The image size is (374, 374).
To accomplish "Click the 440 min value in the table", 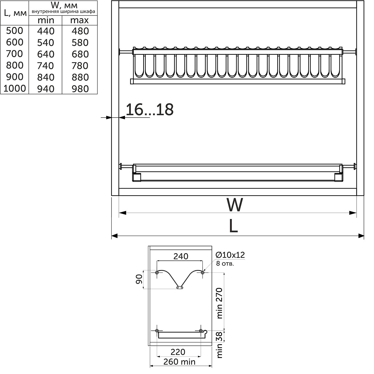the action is tap(46, 31).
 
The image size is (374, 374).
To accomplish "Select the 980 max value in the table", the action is tap(80, 89).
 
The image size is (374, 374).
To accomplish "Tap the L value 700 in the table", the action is tap(14, 54).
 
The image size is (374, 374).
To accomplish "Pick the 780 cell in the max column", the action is tap(80, 66).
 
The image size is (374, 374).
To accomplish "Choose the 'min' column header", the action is tap(46, 20).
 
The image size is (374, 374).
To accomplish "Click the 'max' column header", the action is tap(79, 20).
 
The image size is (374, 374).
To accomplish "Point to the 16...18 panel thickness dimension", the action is tap(149, 110).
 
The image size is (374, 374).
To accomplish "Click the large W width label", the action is tap(235, 205).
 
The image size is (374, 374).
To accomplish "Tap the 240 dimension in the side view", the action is tap(181, 256).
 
